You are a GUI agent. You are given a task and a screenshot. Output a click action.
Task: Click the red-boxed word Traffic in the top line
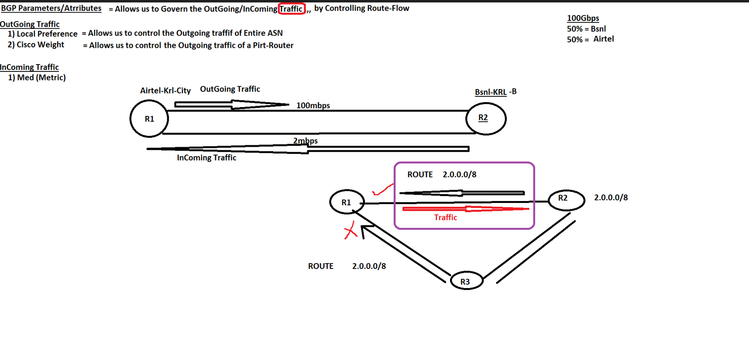[x=292, y=9]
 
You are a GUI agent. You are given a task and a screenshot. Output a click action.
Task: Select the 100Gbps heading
[x=583, y=19]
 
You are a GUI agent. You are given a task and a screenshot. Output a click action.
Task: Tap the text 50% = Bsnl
[x=586, y=29]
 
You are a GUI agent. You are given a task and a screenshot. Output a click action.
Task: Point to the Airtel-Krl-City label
[x=165, y=90]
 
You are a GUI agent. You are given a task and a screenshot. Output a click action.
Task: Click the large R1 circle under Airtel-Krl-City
[x=149, y=119]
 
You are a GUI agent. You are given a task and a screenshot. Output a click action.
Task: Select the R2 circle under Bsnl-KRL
[x=485, y=118]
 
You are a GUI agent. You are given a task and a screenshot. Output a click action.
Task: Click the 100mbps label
[x=313, y=106]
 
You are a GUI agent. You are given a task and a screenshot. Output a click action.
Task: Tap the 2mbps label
[x=305, y=141]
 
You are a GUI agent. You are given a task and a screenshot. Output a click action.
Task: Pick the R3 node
[x=466, y=281]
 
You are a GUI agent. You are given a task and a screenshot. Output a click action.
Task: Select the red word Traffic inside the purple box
[x=445, y=218]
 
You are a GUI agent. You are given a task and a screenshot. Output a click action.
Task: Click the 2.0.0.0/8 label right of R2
[x=611, y=198]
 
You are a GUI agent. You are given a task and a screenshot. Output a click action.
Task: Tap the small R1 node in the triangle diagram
[x=346, y=202]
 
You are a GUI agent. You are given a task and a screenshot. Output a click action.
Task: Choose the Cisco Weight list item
[x=40, y=45]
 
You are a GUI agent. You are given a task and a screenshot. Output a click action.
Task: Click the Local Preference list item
[x=46, y=34]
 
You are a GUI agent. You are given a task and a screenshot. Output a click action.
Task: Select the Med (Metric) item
[x=41, y=77]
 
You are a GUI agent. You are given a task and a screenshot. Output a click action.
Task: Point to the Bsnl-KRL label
[x=491, y=92]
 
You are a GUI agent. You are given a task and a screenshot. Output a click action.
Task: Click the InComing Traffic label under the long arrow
[x=206, y=157]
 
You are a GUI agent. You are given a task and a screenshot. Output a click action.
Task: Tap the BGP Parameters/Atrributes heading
[x=51, y=8]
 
